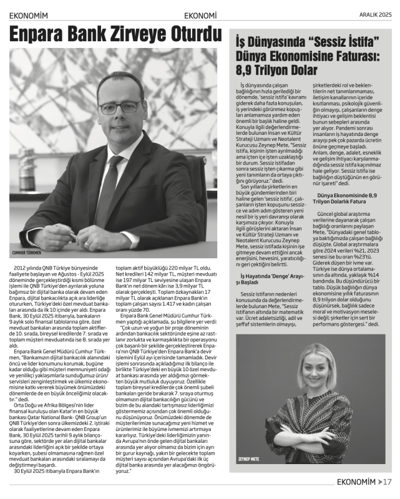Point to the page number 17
click(386, 481)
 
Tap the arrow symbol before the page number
click(379, 481)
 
